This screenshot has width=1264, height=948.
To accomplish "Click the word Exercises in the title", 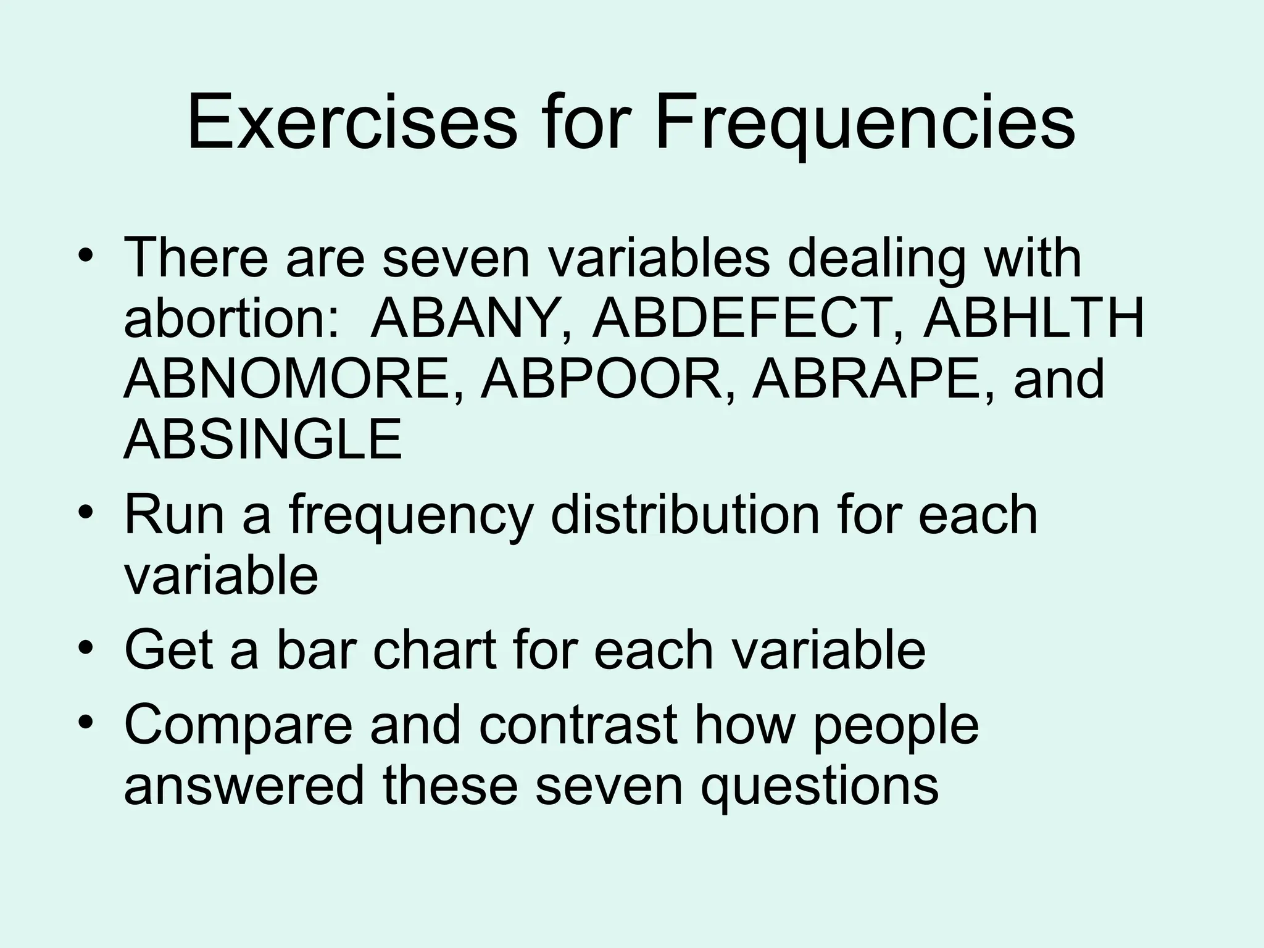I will pos(352,123).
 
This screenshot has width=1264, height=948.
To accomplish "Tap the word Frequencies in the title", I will pos(865,123).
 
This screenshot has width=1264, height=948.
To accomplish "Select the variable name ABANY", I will pos(470,319).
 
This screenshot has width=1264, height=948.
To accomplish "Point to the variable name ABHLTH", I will pos(1033,319).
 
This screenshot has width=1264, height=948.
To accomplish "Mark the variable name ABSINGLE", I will pos(263,440).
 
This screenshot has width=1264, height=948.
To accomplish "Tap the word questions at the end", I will pos(818,788).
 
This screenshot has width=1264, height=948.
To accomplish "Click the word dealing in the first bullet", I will pos(876,258).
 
